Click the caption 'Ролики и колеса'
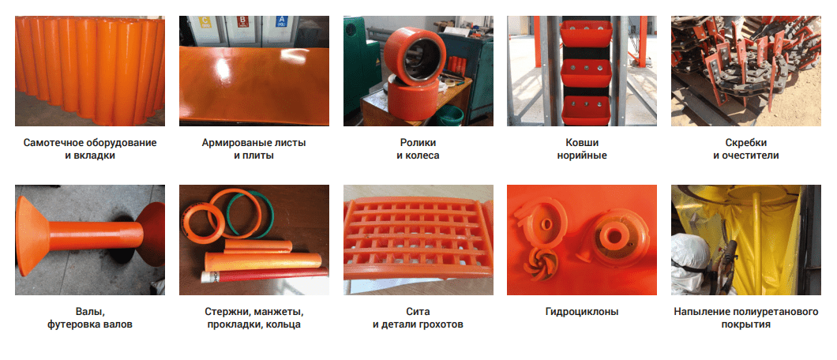[418, 149]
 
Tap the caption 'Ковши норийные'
[582, 149]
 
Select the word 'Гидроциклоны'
[582, 312]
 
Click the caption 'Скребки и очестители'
[745, 149]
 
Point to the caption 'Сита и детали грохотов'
[418, 318]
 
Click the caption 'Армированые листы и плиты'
[253, 149]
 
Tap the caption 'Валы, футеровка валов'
[90, 318]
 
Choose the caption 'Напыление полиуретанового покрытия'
[745, 318]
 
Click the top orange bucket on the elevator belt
[585, 33]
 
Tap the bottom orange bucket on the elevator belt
[586, 110]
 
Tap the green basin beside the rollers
[449, 114]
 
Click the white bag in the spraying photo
[689, 261]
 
